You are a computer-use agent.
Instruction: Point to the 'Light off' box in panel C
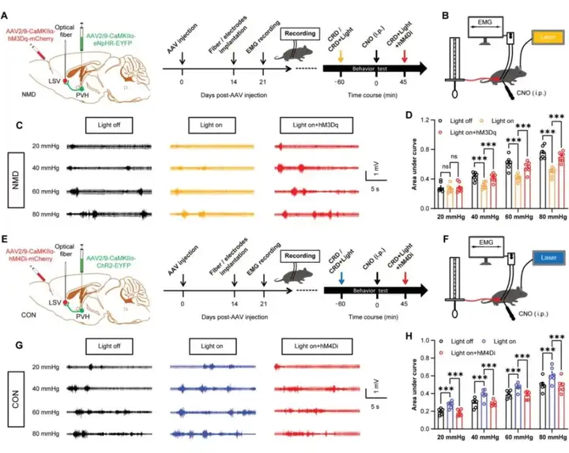pyautogui.click(x=110, y=125)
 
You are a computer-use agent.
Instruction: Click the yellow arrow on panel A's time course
pyautogui.click(x=341, y=56)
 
